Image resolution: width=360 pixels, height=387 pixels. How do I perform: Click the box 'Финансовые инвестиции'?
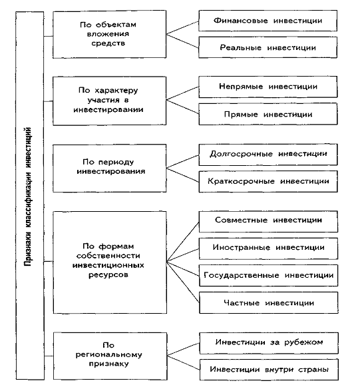tap(268, 21)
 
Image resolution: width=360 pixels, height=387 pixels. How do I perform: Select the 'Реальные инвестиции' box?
tap(268, 47)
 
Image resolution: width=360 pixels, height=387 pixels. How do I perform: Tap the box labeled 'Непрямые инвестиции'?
tap(268, 87)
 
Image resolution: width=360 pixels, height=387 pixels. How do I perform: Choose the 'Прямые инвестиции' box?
tap(268, 114)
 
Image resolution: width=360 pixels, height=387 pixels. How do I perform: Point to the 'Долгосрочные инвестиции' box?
tap(268, 155)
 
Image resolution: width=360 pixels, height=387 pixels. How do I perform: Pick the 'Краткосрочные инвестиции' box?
tap(268, 181)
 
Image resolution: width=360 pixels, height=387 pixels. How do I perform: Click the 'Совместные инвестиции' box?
tap(268, 221)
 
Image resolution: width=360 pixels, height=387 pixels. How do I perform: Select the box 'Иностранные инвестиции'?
tap(268, 248)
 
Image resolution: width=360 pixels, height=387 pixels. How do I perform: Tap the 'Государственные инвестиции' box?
tap(269, 276)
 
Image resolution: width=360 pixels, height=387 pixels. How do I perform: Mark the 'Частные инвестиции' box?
tap(269, 303)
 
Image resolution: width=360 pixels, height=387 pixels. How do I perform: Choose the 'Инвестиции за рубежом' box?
tap(269, 343)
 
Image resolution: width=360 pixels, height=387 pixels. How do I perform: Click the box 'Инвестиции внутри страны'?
tap(269, 370)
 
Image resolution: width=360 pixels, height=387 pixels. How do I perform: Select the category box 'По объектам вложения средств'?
tap(110, 35)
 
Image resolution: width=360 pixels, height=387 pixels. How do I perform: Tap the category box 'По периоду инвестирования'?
tap(110, 169)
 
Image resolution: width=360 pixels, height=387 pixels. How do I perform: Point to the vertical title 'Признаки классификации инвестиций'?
tap(28, 196)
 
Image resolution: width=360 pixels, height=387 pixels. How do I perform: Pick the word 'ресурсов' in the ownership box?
tap(108, 275)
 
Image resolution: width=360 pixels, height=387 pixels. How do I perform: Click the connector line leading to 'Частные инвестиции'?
tap(183, 282)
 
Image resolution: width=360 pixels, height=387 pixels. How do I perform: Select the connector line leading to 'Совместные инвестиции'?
tap(183, 242)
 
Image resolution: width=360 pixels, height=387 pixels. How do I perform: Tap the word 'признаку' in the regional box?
tap(108, 364)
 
